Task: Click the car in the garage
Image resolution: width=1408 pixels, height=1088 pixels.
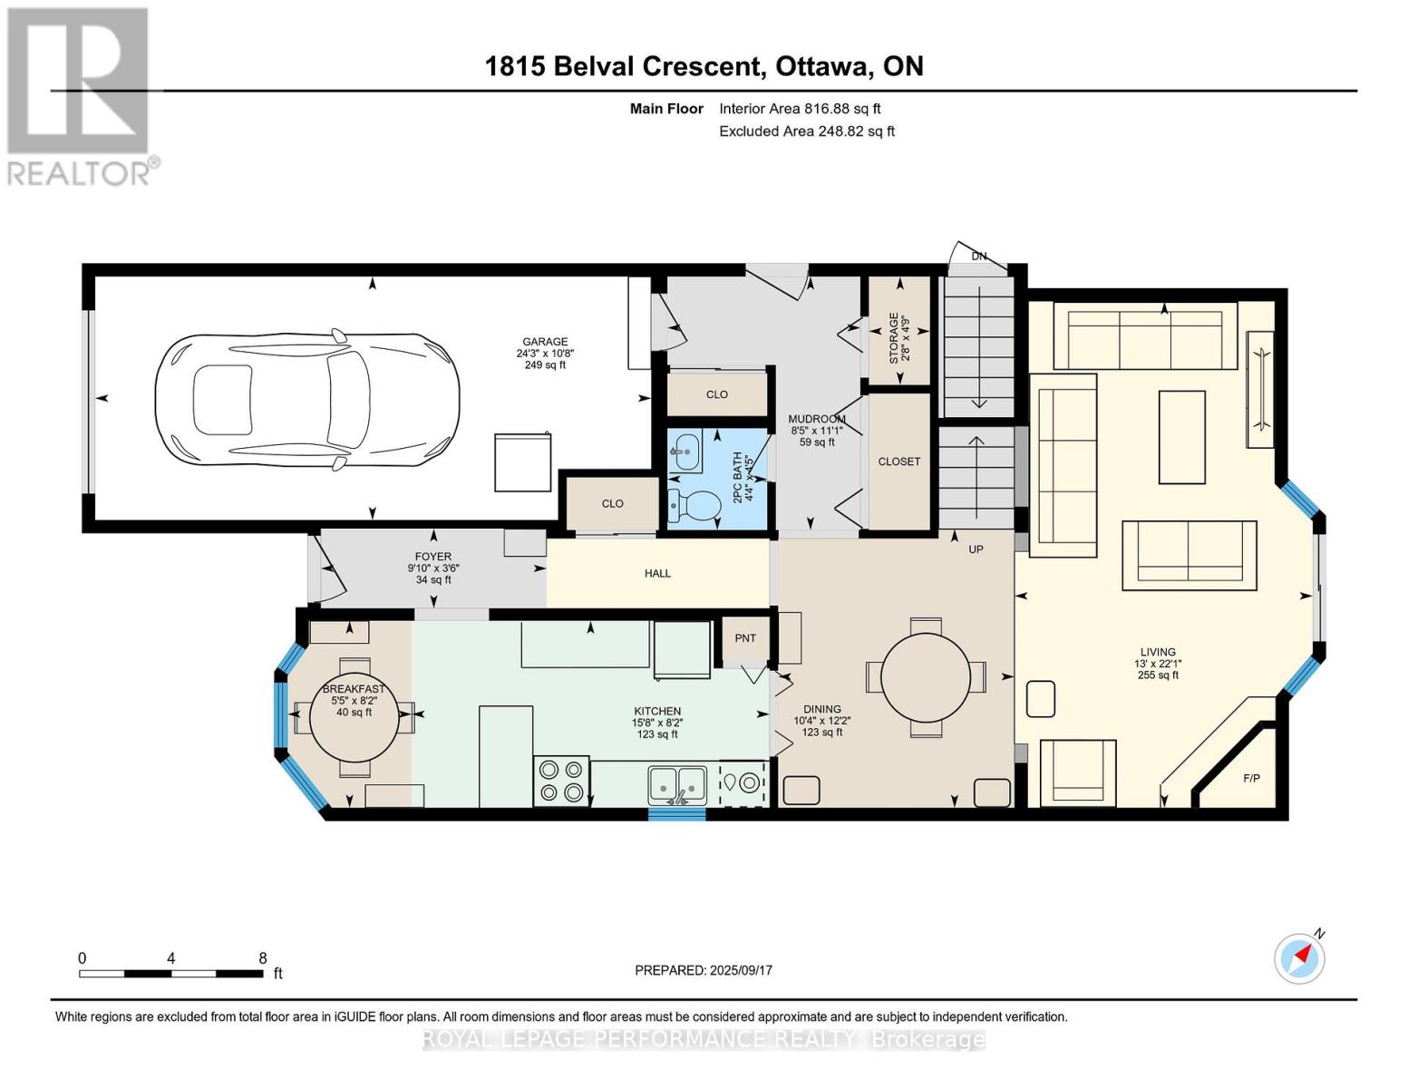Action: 307,400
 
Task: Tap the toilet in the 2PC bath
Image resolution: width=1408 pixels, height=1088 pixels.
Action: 694,505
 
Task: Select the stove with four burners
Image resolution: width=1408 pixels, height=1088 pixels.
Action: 561,781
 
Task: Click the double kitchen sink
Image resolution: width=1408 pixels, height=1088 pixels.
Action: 678,785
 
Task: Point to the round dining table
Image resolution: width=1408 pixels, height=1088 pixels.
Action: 926,677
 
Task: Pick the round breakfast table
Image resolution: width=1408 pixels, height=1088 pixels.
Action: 354,717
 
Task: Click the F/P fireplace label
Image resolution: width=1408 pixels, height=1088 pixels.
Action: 1251,778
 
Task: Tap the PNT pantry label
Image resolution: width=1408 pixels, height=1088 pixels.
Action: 745,638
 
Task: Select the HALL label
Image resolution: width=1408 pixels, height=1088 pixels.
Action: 657,574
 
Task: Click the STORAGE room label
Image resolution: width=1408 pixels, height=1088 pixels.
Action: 894,337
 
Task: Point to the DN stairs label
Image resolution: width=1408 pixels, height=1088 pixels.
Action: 979,256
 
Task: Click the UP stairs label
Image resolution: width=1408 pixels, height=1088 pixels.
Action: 976,549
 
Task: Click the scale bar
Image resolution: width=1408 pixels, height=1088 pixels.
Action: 171,973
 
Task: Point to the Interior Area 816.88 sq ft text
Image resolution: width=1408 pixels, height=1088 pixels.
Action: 800,109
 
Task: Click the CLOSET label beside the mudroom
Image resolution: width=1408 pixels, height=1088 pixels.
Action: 898,462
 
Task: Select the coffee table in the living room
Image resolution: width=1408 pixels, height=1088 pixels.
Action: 1182,437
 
